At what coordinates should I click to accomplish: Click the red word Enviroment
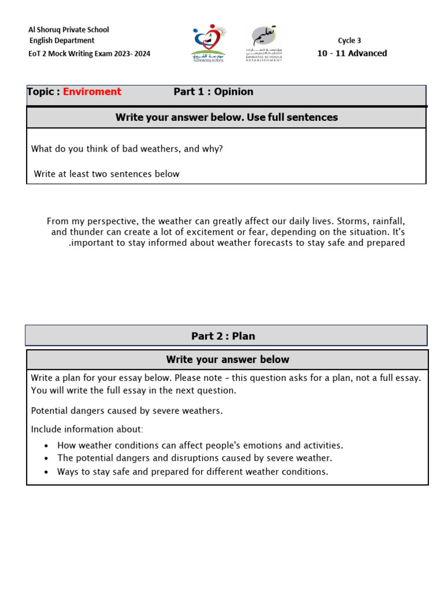click(x=92, y=92)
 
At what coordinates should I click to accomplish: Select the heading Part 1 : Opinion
click(x=213, y=92)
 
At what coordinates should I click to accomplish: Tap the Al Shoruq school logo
click(x=209, y=42)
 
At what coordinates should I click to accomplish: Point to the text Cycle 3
click(x=349, y=40)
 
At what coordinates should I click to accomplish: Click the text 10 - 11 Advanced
click(x=352, y=53)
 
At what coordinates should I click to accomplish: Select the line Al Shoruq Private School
click(x=69, y=29)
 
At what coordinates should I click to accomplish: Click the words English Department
click(x=62, y=40)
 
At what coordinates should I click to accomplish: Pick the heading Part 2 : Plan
click(x=223, y=336)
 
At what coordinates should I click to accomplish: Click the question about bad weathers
click(x=127, y=149)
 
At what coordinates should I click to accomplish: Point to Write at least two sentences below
click(x=106, y=174)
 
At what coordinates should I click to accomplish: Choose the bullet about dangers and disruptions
click(x=194, y=458)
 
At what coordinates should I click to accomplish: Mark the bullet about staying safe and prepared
click(x=193, y=471)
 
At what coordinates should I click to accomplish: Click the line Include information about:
click(x=87, y=429)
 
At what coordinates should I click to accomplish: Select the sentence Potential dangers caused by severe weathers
click(x=127, y=410)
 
